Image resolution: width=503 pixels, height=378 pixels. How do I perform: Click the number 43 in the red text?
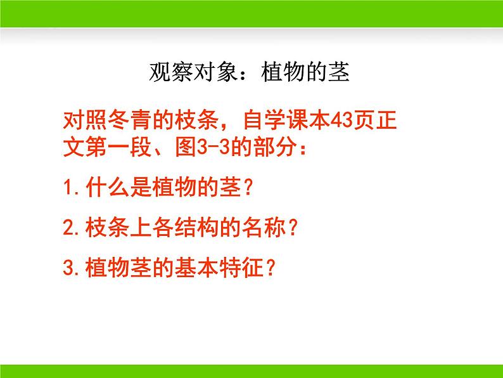pyautogui.click(x=341, y=121)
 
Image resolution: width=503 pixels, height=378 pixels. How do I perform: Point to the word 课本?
pyautogui.click(x=309, y=120)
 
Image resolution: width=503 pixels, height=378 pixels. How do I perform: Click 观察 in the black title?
pyautogui.click(x=171, y=72)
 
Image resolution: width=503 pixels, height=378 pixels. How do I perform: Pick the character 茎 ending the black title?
pyautogui.click(x=339, y=72)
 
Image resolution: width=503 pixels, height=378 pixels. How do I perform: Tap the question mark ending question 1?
pyautogui.click(x=248, y=188)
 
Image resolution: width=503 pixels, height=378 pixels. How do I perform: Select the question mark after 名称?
pyautogui.click(x=292, y=228)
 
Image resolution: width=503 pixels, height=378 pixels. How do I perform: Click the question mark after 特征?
pyautogui.click(x=271, y=268)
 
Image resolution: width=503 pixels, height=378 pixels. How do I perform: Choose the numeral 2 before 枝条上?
pyautogui.click(x=68, y=228)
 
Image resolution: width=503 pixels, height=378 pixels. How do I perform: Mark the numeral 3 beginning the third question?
pyautogui.click(x=68, y=268)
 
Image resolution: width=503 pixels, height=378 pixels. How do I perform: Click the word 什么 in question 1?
pyautogui.click(x=108, y=187)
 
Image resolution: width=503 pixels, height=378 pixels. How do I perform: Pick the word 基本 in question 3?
pyautogui.click(x=196, y=268)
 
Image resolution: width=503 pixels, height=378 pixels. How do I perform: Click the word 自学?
pyautogui.click(x=264, y=120)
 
